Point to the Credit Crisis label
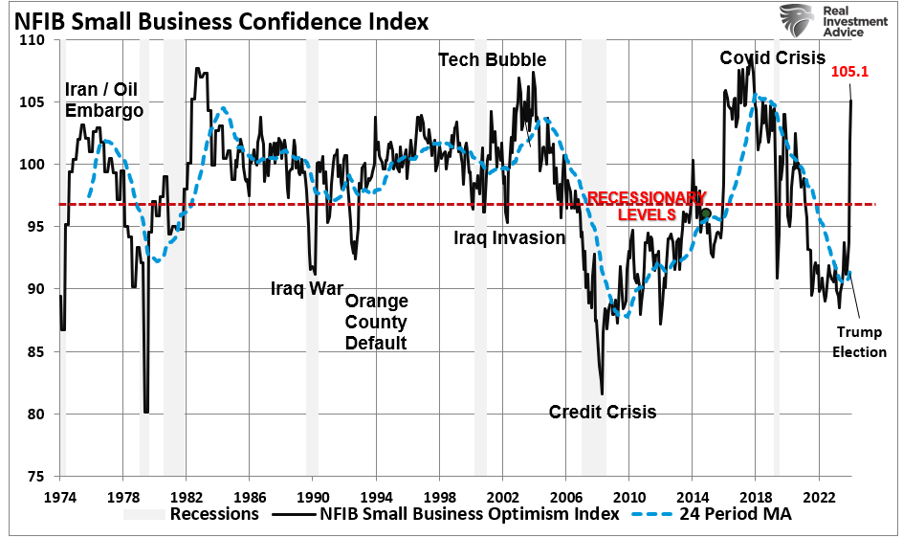pyautogui.click(x=603, y=412)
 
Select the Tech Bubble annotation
pyautogui.click(x=492, y=59)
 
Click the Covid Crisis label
pyautogui.click(x=772, y=58)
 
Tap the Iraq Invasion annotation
pyautogui.click(x=509, y=237)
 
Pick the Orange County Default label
pyautogui.click(x=376, y=322)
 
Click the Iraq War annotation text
pyautogui.click(x=306, y=288)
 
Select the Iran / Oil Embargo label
pyautogui.click(x=104, y=101)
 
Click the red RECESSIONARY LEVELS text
pyautogui.click(x=646, y=206)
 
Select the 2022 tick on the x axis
pyautogui.click(x=818, y=497)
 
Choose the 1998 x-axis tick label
pyautogui.click(x=438, y=497)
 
